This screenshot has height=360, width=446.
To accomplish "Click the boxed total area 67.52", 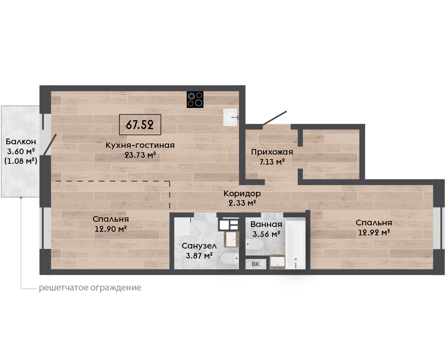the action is coord(140,125).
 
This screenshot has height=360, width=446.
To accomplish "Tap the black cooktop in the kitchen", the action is coord(195,99).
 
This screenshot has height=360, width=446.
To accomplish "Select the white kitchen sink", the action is coord(231,117).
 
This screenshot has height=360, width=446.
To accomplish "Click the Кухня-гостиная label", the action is coord(140,145).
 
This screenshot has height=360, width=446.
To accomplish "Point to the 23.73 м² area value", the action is coord(140,155).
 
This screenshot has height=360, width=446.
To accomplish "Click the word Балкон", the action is coord(21,141).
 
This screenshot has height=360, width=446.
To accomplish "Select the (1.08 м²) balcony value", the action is coord(21,161).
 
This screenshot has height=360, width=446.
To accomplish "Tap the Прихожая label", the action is coord(272,152).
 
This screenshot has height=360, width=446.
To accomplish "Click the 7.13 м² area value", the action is coord(272,162).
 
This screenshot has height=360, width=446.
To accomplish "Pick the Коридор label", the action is coord(242,194).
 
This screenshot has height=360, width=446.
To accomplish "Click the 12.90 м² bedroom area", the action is coord(111,229).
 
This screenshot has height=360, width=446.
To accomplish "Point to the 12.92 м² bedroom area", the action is coord(374,232).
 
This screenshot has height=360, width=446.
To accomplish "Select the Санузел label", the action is coord(199,246).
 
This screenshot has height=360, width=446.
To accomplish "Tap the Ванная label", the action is coord(266,225).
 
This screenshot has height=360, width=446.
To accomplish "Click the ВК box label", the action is coord(256,264).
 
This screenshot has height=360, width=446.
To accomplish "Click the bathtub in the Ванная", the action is coord(295,245).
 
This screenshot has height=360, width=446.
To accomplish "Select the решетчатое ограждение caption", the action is coord(90,288).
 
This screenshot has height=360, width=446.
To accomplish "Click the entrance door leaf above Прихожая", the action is coord(275,118).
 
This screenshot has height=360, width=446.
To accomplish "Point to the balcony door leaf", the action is coord(50,145).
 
